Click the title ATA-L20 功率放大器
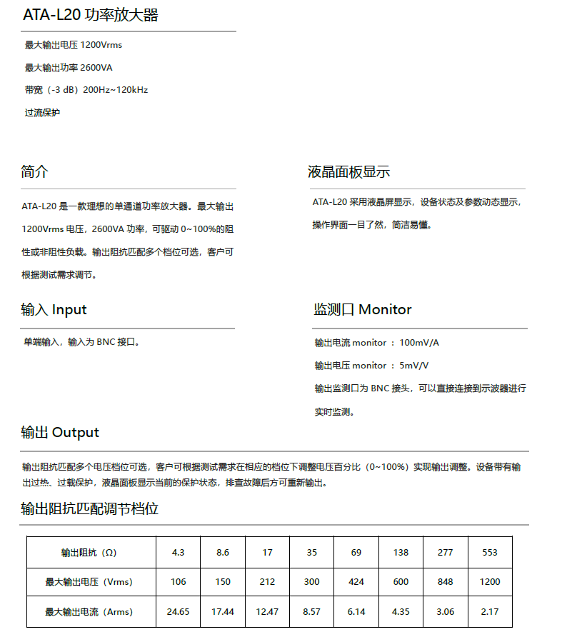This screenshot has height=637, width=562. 90,15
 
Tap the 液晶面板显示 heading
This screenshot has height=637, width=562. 348,171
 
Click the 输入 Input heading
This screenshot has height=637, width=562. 54,309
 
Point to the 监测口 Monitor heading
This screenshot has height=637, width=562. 362,309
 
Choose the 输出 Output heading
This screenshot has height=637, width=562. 60,432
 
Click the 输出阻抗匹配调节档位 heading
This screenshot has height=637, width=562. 89,508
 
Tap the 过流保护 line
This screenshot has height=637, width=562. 42,112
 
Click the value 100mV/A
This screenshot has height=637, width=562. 419,343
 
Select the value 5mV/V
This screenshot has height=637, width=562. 414,366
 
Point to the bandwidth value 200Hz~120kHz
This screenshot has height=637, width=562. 116,90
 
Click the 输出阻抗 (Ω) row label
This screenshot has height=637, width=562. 89,552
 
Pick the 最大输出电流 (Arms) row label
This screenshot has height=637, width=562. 89,612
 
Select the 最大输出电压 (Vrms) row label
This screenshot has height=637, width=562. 89,582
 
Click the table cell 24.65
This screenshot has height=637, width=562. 179,612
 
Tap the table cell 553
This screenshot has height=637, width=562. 490,552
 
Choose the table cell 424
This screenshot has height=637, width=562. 356,582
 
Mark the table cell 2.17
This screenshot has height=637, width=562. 490,612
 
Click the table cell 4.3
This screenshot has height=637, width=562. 179,552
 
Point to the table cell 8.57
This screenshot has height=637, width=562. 312,612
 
